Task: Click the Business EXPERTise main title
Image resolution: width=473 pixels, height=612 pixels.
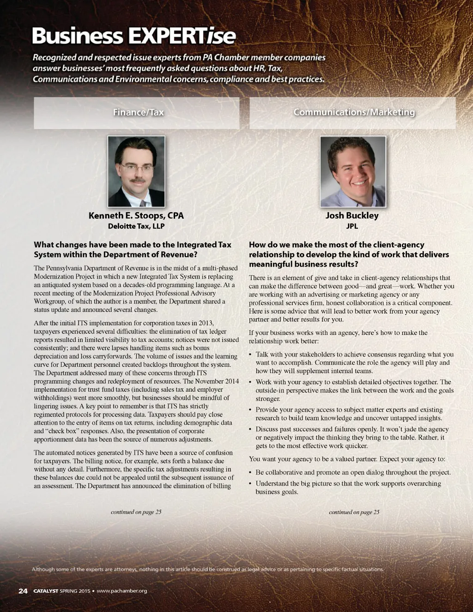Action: (x=134, y=36)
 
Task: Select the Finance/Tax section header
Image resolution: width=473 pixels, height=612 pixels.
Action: (x=138, y=112)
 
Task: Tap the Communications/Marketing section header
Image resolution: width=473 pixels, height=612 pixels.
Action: (x=354, y=112)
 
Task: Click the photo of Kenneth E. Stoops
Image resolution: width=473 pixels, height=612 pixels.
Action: (x=136, y=171)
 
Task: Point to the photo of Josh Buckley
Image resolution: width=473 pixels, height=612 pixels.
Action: (x=352, y=171)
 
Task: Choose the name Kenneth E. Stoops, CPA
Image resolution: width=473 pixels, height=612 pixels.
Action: (x=136, y=216)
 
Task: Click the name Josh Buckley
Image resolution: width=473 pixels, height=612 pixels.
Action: (x=352, y=216)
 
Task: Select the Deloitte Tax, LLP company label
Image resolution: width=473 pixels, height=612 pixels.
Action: (x=136, y=226)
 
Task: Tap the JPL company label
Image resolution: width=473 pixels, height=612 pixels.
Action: (x=352, y=226)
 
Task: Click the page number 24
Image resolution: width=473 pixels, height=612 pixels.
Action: (x=23, y=591)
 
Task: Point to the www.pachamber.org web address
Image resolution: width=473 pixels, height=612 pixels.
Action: (x=121, y=591)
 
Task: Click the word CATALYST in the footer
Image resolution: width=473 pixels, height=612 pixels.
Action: (x=46, y=591)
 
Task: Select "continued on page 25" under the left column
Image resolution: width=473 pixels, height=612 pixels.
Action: (x=136, y=512)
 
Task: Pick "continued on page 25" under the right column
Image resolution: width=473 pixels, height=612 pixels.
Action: (x=354, y=512)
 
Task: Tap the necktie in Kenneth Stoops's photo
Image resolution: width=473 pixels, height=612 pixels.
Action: (x=143, y=203)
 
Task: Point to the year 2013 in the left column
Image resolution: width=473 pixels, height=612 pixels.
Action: (x=206, y=323)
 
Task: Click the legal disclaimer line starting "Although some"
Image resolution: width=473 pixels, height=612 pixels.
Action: (x=208, y=569)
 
